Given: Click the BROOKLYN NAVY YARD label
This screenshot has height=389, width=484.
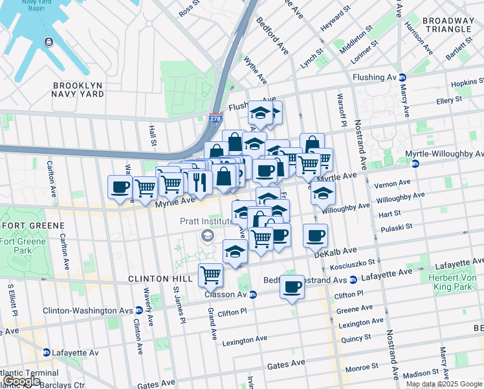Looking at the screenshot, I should (x=78, y=89).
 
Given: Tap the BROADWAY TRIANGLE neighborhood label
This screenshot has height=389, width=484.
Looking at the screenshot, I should (x=448, y=25).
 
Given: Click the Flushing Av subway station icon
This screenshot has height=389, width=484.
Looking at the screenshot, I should (x=402, y=77).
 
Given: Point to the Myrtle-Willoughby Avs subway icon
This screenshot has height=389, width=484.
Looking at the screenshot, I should (x=415, y=163).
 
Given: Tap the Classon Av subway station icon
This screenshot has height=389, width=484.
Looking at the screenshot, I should (x=253, y=294).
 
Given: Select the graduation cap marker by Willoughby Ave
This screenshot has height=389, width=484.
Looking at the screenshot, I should (x=323, y=193).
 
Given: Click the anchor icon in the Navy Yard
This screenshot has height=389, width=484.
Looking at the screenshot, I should (x=49, y=42).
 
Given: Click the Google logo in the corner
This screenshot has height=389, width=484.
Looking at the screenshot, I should (x=21, y=381).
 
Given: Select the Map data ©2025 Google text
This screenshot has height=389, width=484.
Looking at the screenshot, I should (x=444, y=384).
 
